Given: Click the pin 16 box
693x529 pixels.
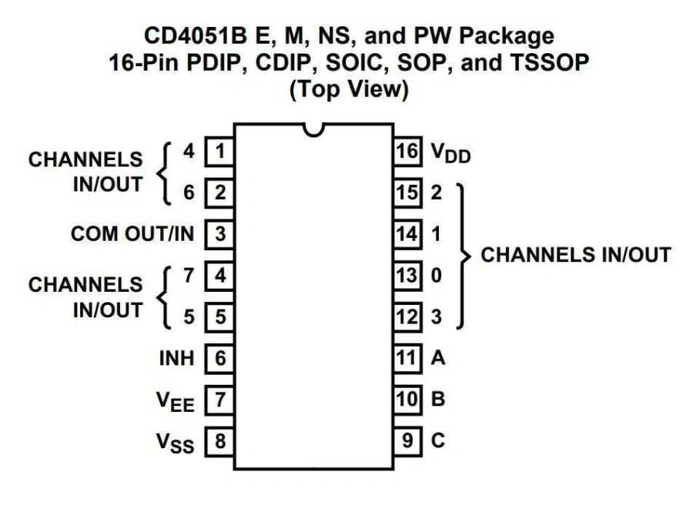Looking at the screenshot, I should point(407,151).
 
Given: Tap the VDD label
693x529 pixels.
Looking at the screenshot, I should point(450,153).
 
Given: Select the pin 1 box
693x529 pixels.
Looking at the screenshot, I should point(220,151).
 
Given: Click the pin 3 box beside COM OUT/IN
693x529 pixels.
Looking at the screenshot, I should point(220,234).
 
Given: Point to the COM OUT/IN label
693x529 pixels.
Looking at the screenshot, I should point(132,234).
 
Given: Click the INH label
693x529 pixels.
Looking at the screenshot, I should point(176,358).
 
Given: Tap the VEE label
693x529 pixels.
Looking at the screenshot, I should point(176,401).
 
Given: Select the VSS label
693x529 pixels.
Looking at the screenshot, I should point(176,443).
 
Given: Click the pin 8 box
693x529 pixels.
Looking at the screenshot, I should point(220,442).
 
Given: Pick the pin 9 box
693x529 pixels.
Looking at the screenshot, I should point(407,441).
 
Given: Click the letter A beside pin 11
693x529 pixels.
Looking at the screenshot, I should point(438,358).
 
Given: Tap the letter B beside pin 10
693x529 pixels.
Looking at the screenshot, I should point(438,400).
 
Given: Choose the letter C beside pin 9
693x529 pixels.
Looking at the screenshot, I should point(438,441).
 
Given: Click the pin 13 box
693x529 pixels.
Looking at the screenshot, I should point(407,275).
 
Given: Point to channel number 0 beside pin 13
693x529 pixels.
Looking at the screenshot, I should point(437,275).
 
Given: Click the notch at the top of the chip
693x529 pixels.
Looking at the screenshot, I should point(313,129).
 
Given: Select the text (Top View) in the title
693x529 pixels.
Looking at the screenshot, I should point(347,89).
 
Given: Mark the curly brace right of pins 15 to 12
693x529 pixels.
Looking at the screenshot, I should point(462,255).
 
